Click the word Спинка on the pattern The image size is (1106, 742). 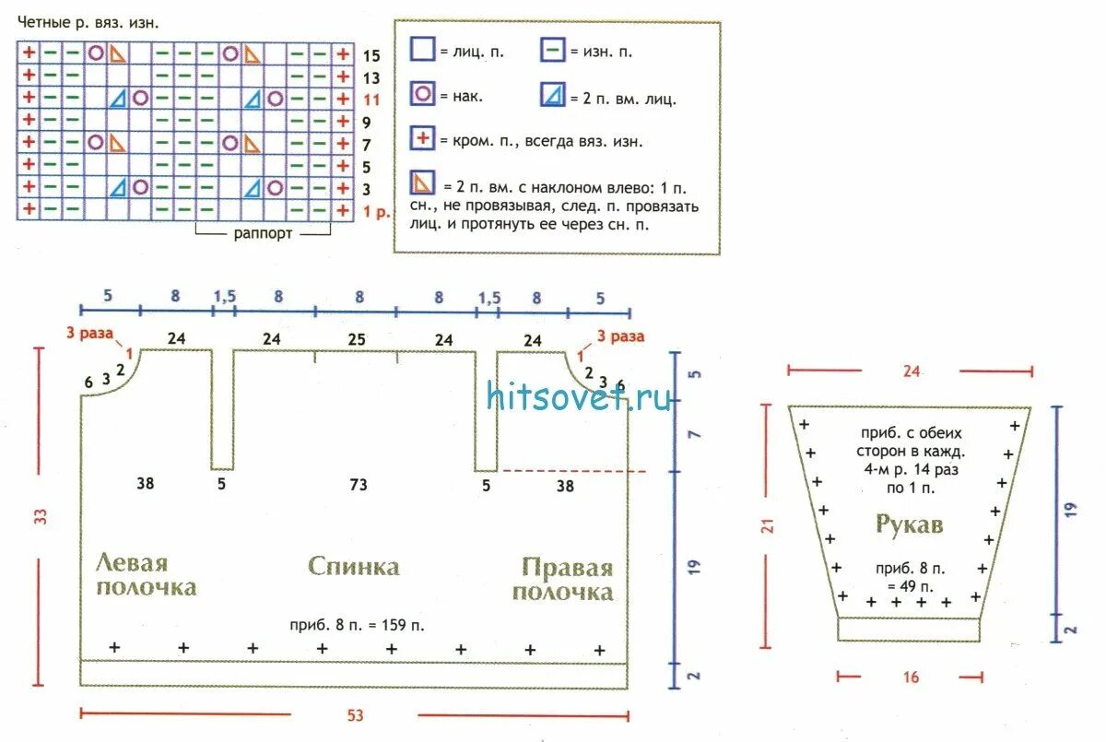354,565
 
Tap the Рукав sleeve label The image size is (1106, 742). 909,525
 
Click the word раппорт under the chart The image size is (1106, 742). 263,233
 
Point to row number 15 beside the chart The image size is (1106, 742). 371,55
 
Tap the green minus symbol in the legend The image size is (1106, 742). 553,50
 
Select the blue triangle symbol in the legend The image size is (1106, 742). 553,94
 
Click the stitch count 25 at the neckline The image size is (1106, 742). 357,339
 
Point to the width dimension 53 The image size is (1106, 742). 355,715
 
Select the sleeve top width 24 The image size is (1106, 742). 910,371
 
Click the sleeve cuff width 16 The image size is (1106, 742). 910,677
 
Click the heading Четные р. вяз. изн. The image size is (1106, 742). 81,22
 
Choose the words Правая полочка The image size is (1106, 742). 562,579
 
